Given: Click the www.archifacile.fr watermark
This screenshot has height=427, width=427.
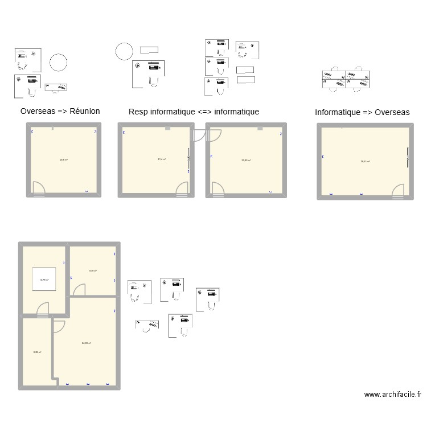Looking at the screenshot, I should click(x=393, y=394).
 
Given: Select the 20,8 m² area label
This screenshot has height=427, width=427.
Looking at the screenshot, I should click(x=64, y=160).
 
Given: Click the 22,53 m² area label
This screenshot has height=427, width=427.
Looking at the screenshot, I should click(x=247, y=160).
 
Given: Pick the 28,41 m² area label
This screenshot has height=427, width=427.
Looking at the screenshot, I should click(x=365, y=162).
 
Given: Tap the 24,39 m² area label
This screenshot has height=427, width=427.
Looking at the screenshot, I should click(x=87, y=343).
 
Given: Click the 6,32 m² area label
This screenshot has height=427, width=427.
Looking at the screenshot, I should click(x=37, y=352).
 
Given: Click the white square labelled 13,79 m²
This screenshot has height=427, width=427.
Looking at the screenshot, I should click(x=44, y=280).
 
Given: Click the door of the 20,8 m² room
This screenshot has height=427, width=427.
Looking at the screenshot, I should click(x=39, y=188).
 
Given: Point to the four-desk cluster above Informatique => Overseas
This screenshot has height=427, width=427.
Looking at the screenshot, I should click(x=346, y=79).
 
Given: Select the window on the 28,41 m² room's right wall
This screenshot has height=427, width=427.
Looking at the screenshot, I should click(x=408, y=158).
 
